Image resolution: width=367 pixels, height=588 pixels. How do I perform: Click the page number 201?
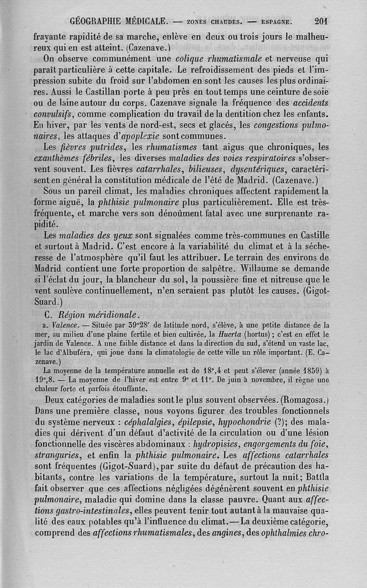(x=324, y=21)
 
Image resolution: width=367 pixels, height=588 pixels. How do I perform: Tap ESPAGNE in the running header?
(x=275, y=21)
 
